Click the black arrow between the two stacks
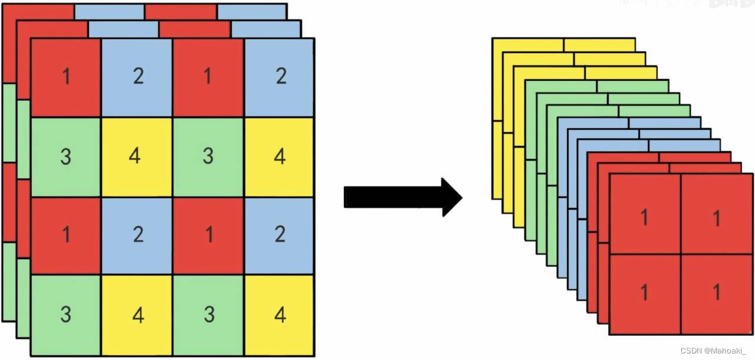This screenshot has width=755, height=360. pyautogui.click(x=401, y=197)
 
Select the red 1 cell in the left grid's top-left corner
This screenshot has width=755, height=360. pyautogui.click(x=65, y=77)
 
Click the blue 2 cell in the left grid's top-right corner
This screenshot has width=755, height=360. pyautogui.click(x=280, y=77)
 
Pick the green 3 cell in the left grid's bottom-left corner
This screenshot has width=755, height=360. pyautogui.click(x=65, y=315)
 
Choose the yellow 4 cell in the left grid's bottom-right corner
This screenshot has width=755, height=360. pyautogui.click(x=280, y=315)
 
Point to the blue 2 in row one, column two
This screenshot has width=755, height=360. pyautogui.click(x=137, y=77)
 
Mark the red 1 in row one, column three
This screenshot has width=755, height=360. pyautogui.click(x=208, y=77)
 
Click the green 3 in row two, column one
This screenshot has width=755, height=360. pyautogui.click(x=65, y=157)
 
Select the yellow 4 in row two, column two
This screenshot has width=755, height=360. pyautogui.click(x=137, y=157)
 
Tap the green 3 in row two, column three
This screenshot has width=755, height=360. pyautogui.click(x=208, y=157)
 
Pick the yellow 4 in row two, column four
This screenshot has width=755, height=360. pyautogui.click(x=280, y=157)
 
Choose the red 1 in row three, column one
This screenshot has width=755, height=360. pyautogui.click(x=65, y=235)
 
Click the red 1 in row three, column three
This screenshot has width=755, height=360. pyautogui.click(x=208, y=235)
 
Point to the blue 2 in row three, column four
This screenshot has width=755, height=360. pyautogui.click(x=280, y=235)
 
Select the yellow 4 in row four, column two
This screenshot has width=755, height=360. pyautogui.click(x=137, y=315)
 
